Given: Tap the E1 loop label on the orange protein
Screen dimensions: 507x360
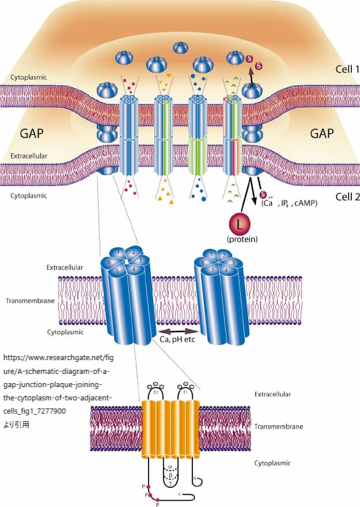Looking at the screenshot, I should click(185, 391).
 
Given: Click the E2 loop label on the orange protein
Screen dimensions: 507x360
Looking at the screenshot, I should click(156, 391).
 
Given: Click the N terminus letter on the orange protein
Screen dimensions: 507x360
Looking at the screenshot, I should click(195, 478).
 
